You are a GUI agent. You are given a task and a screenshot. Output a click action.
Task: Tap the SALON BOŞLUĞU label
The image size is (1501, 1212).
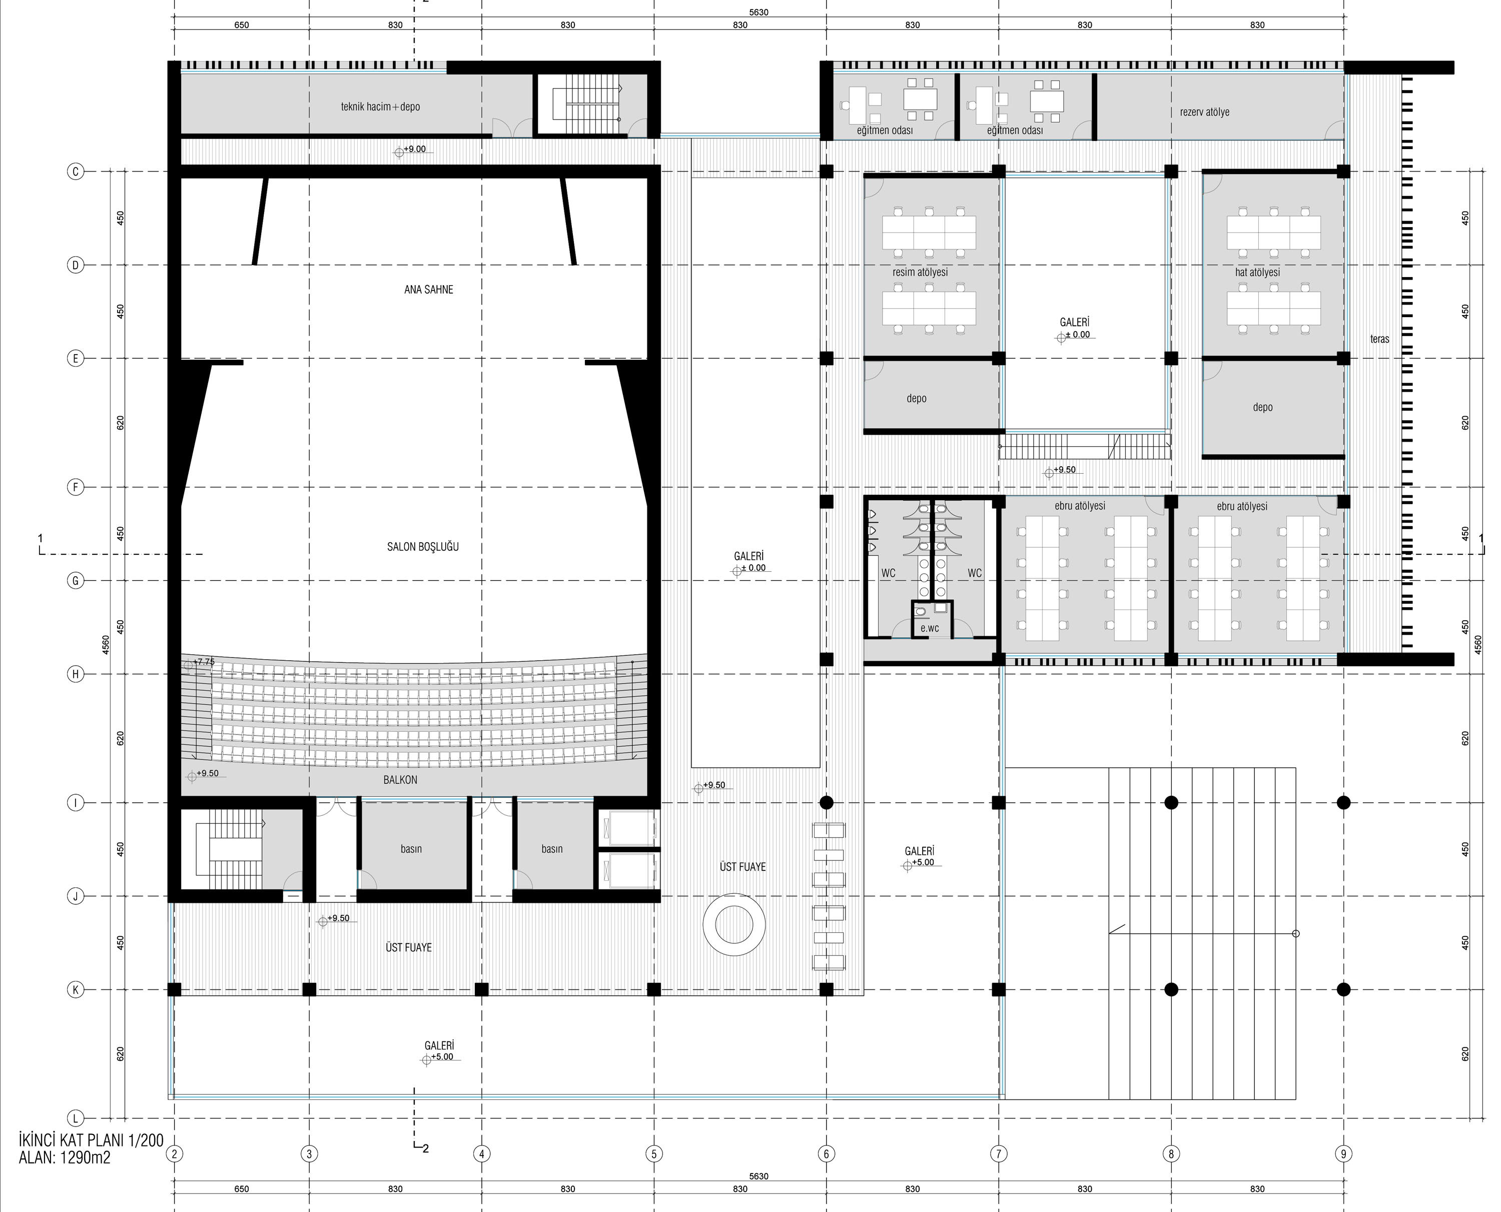[x=423, y=547]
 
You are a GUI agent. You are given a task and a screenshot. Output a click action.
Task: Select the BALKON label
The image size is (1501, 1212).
[x=400, y=780]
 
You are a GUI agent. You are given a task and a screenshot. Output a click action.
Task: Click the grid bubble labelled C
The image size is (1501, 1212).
[x=76, y=171]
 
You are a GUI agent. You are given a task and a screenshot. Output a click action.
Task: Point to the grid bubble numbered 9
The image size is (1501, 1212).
[x=1343, y=1153]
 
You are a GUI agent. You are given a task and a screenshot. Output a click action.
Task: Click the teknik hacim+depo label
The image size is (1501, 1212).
[x=380, y=107]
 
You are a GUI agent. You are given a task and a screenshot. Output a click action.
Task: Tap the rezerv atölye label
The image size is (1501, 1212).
[x=1205, y=112]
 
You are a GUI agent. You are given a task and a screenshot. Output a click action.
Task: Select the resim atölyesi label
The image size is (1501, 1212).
[x=920, y=272]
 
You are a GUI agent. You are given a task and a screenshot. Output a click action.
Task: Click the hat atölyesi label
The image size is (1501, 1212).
[x=1257, y=272]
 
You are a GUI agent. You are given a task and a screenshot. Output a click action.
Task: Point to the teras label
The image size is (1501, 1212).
[x=1379, y=339]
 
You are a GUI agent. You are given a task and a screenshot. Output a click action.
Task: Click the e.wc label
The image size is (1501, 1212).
[x=930, y=628]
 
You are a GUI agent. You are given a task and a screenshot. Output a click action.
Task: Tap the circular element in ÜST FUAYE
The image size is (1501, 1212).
[x=734, y=924]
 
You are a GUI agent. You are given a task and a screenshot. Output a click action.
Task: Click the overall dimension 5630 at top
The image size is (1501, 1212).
[x=759, y=13]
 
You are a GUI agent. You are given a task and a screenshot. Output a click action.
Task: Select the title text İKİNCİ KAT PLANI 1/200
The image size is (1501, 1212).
[x=91, y=1141]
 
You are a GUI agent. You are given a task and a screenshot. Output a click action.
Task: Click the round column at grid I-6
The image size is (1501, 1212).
[x=827, y=803]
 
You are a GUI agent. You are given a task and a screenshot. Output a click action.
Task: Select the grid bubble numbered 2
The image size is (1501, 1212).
[x=175, y=1153]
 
